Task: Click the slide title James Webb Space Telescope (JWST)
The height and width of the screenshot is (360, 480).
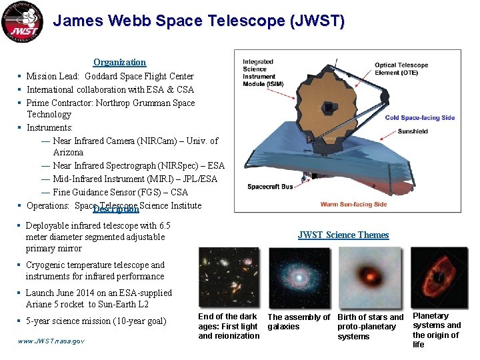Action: (x=199, y=21)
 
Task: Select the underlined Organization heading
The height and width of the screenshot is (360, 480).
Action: (x=119, y=62)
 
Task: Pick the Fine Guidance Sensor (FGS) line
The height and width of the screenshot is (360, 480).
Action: (x=120, y=192)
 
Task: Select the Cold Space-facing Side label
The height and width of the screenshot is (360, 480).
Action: (x=420, y=118)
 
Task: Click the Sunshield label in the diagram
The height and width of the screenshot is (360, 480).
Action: (x=413, y=131)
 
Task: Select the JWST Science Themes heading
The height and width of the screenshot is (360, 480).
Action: (x=343, y=235)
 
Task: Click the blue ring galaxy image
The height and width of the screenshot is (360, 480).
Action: (x=299, y=277)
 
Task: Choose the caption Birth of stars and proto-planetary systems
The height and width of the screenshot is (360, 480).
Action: (x=370, y=327)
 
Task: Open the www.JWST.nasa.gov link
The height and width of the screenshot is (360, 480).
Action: (x=51, y=341)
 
